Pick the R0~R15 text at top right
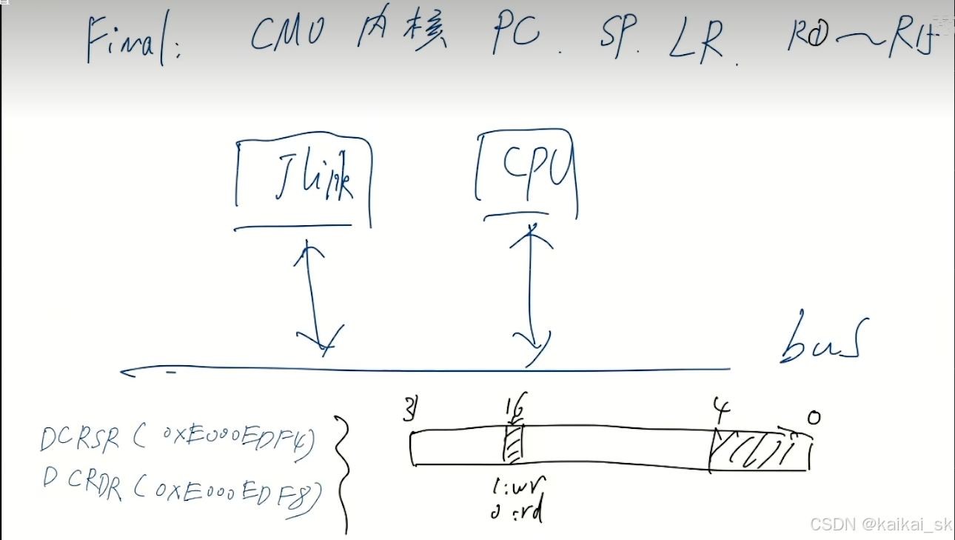click(x=866, y=36)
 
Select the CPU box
click(x=526, y=174)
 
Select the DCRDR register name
click(x=83, y=486)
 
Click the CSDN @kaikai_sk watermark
click(x=880, y=524)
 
